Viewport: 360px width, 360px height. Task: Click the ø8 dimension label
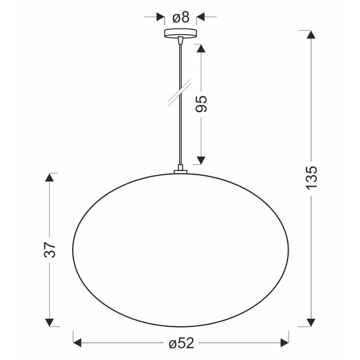[180, 17]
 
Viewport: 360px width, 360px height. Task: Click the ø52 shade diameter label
[181, 343]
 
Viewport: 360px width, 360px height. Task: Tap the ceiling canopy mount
[180, 34]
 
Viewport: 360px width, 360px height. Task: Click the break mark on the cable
[180, 91]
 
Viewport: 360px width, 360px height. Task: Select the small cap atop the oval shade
[180, 173]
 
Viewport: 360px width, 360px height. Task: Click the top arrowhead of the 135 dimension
[311, 35]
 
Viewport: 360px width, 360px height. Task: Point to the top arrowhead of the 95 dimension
[201, 47]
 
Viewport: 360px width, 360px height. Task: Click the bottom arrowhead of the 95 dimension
[201, 159]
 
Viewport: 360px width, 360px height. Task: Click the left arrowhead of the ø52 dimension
[77, 343]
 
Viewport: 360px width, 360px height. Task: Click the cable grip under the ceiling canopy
[180, 41]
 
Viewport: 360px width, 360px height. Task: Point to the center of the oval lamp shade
[181, 250]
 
